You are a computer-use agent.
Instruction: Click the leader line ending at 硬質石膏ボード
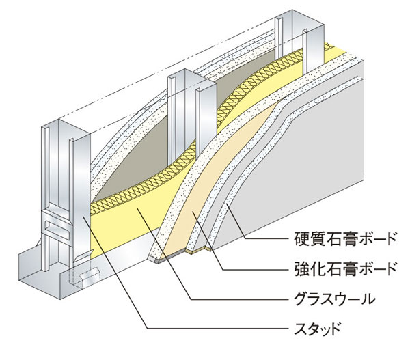[x=266, y=240]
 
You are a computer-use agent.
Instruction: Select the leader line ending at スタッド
[x=205, y=329]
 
